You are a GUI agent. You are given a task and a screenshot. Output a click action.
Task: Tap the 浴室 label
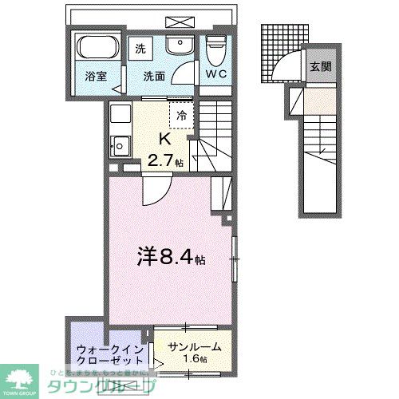click(x=96, y=77)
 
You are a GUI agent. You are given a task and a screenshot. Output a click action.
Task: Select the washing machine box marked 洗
click(x=140, y=48)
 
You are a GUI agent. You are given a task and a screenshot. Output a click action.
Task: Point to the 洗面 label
click(x=154, y=77)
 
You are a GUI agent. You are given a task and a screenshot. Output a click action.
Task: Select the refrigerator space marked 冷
click(x=181, y=114)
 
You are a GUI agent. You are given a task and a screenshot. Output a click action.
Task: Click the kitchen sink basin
click(x=120, y=146)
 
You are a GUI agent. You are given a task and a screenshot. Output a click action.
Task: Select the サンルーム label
click(x=195, y=348)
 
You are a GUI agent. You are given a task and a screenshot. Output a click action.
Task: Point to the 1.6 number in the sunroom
click(x=192, y=360)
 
